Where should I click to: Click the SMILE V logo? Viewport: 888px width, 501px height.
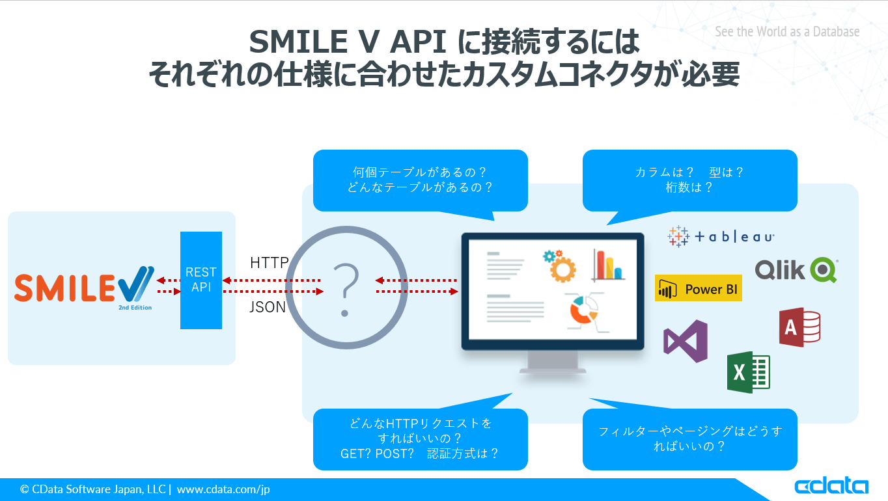point(84,287)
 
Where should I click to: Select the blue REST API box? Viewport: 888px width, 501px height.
point(201,280)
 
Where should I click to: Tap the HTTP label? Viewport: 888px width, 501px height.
point(269,263)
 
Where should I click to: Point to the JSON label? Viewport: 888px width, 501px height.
point(268,307)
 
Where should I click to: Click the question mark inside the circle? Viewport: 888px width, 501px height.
point(346,289)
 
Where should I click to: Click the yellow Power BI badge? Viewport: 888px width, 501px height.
point(699,288)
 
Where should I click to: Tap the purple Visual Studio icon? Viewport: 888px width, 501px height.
point(685,341)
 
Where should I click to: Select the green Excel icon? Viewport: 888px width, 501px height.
point(748,372)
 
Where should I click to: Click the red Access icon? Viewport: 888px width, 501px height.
point(799,327)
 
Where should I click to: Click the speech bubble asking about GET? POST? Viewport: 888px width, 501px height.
point(420,439)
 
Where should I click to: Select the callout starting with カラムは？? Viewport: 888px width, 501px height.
point(689,180)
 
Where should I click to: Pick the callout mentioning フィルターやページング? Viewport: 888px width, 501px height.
point(689,439)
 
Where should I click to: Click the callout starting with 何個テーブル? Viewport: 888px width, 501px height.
point(420,180)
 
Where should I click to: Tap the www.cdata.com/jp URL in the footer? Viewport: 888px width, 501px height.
point(223,489)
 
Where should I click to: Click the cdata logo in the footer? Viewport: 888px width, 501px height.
point(831,487)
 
